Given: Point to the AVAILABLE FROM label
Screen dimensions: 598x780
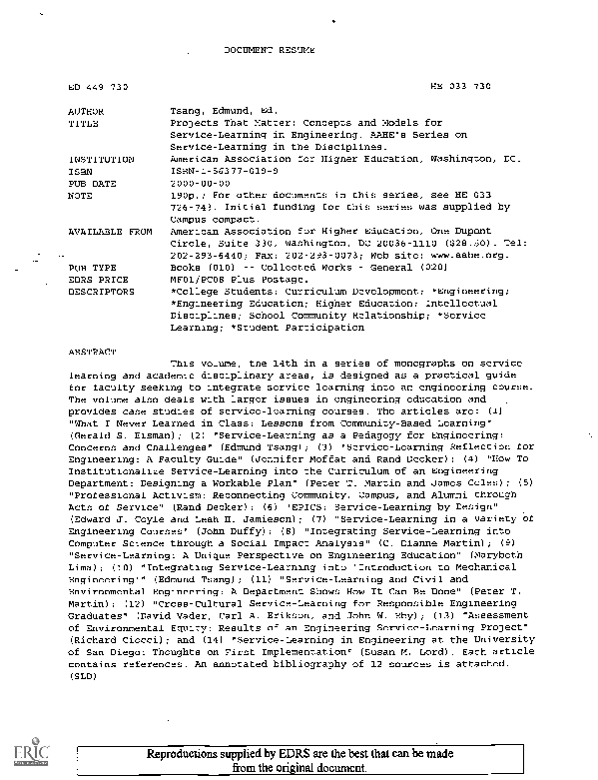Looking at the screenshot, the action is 110,232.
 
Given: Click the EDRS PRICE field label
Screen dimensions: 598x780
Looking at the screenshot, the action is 97,279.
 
